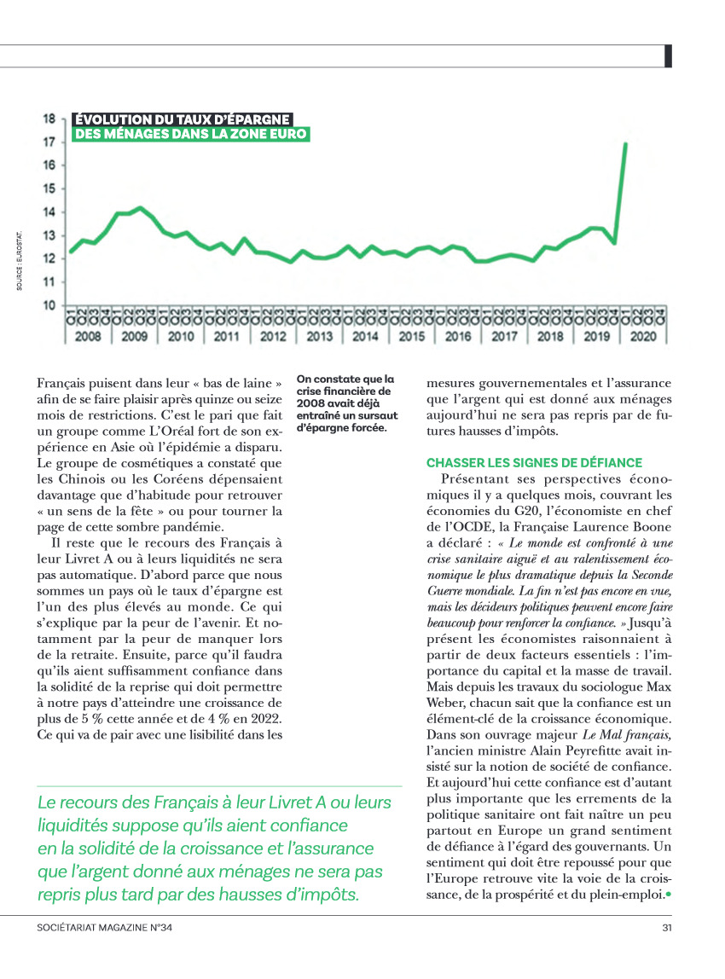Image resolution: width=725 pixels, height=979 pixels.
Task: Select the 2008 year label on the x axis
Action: pos(88,336)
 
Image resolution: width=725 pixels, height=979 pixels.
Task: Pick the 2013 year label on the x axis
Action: pos(319,336)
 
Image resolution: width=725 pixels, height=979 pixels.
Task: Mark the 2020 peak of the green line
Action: pos(626,144)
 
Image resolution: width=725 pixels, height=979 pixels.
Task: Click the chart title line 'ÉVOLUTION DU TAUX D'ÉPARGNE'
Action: pos(183,119)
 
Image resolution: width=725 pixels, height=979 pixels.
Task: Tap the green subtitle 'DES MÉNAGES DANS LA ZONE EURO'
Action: pos(190,134)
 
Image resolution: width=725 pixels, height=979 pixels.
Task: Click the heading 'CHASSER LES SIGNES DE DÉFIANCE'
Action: pos(534,463)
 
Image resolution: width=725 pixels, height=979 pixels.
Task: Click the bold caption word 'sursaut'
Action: pos(373,415)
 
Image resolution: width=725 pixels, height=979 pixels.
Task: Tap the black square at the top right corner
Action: pos(669,55)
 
